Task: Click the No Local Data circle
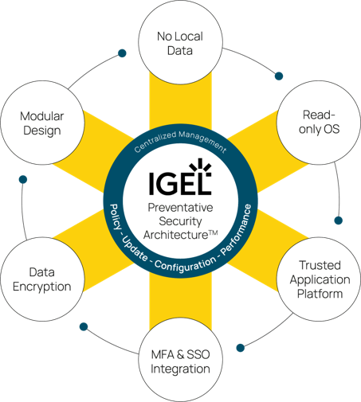tap(180, 42)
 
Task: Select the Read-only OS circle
tap(319, 123)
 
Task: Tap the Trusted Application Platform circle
tap(319, 279)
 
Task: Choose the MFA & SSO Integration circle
tap(180, 360)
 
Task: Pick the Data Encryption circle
tap(42, 279)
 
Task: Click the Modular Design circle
tap(42, 123)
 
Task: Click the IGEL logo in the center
tap(180, 177)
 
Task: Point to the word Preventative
tap(180, 208)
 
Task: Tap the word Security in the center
tap(180, 221)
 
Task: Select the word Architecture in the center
tap(176, 235)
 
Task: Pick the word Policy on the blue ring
tap(115, 217)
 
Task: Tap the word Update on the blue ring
tap(135, 248)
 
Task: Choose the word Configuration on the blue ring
tap(186, 264)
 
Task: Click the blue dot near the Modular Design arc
tap(122, 53)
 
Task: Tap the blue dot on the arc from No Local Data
tap(279, 76)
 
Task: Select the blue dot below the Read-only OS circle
tap(338, 221)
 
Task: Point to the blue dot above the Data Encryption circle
tap(23, 179)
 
